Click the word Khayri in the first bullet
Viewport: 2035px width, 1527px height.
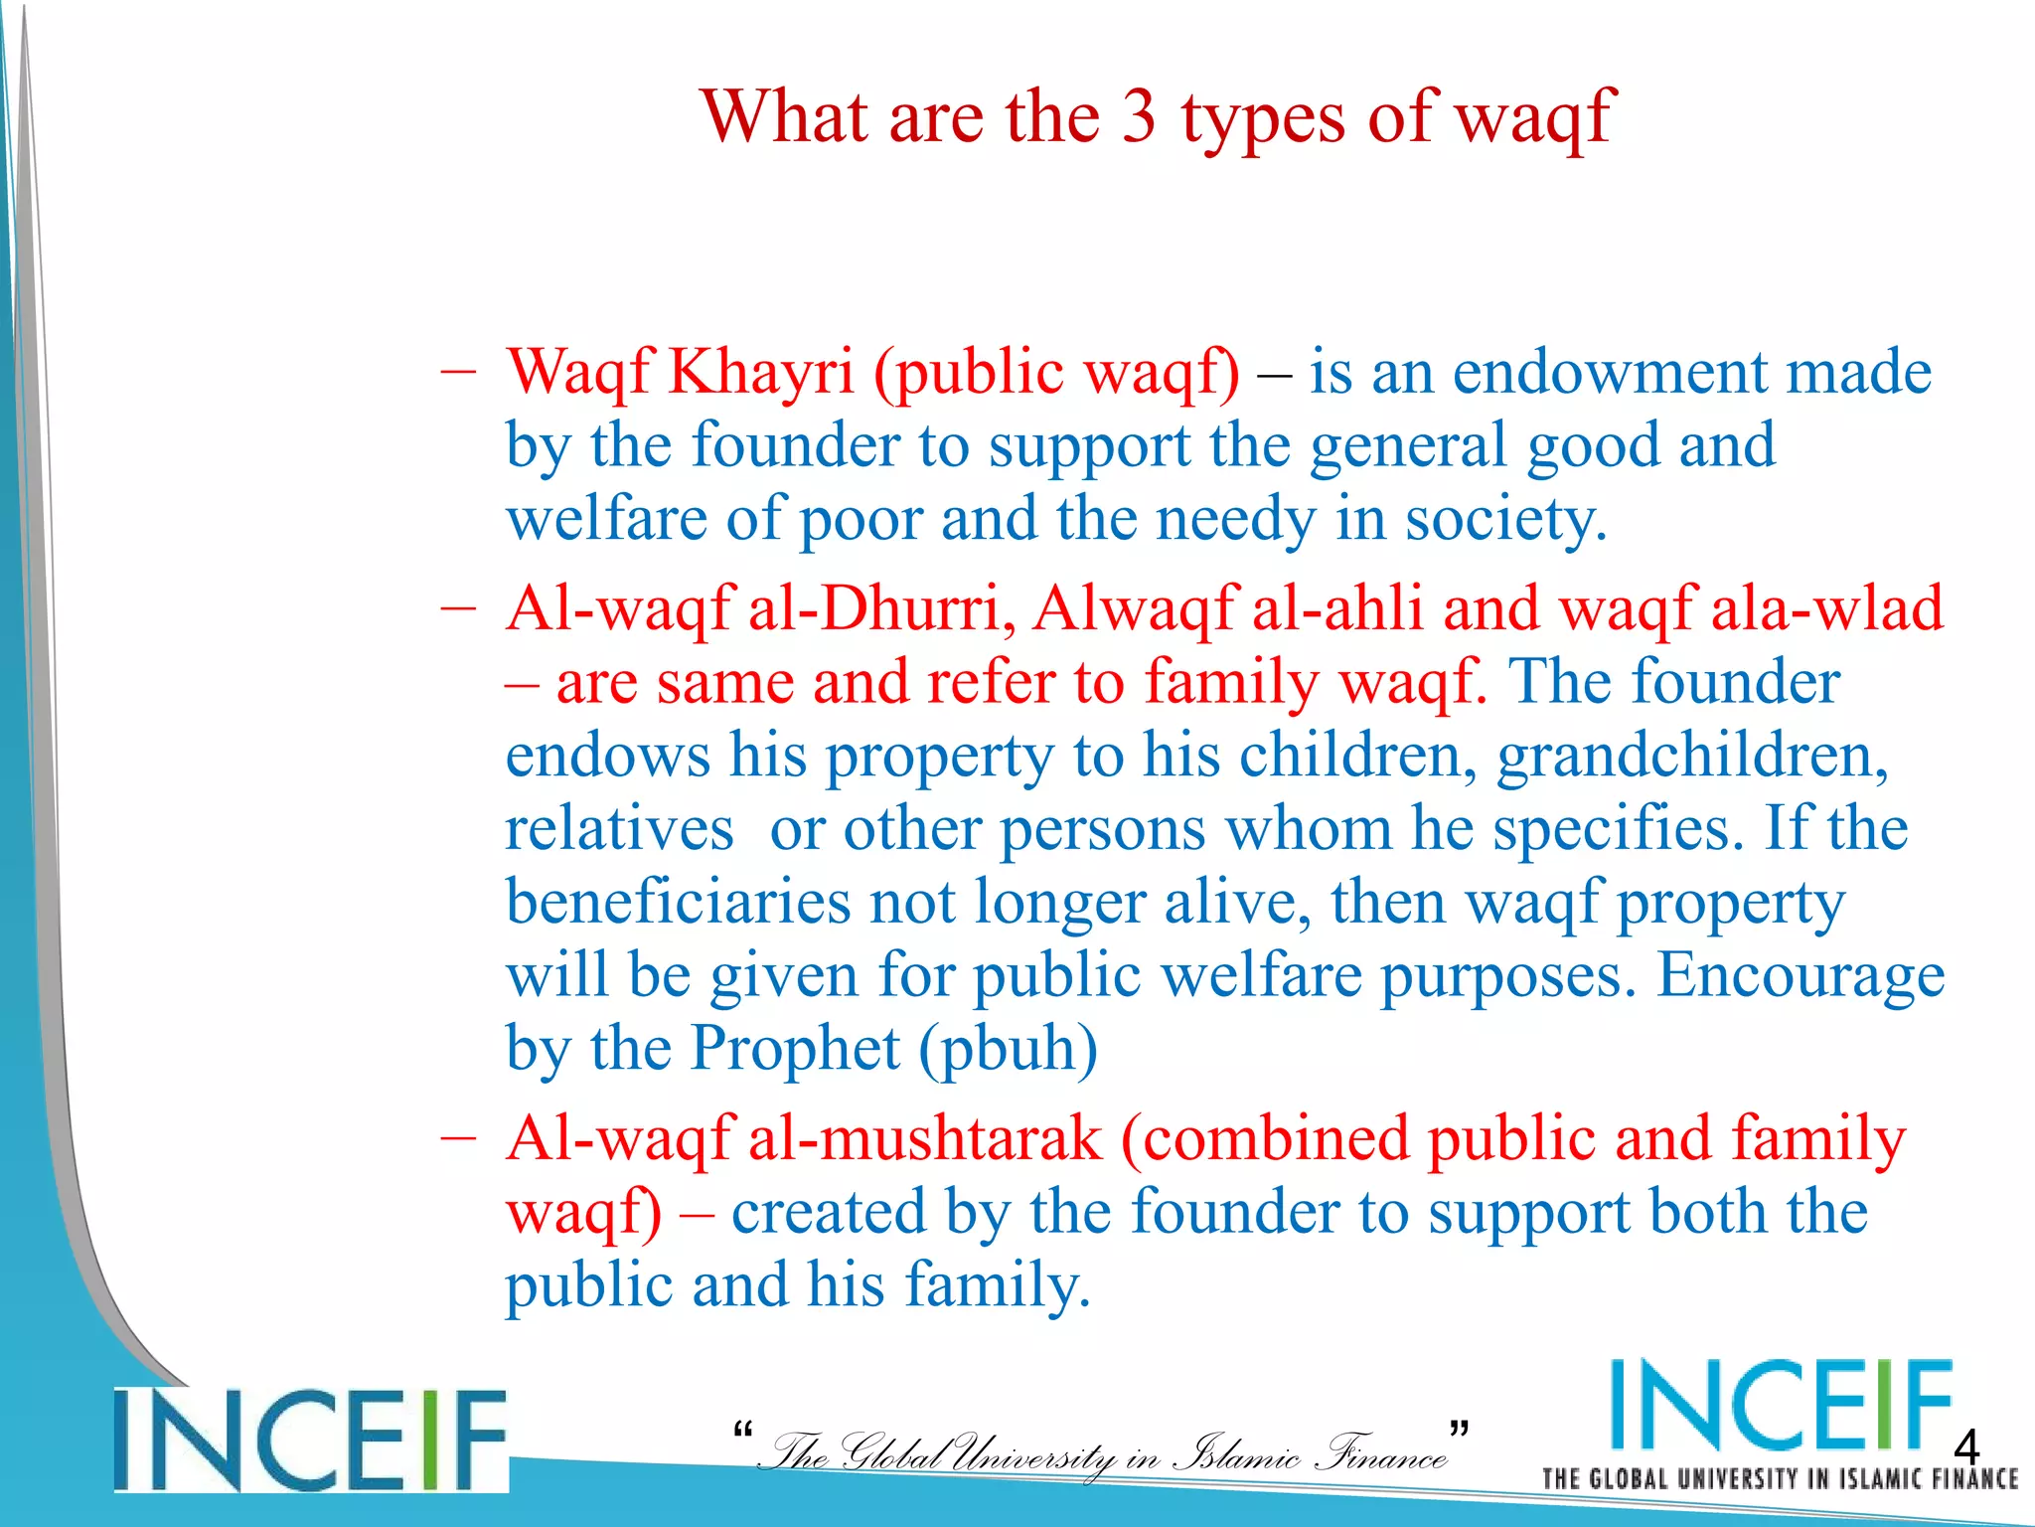coord(761,373)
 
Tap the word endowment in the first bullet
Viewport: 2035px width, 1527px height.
coord(1611,373)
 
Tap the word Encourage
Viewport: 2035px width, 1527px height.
coord(1800,976)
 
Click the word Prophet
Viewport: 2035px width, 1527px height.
coord(795,1049)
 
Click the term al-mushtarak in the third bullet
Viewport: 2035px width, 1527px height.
coord(925,1138)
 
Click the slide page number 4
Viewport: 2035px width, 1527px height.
coord(1965,1444)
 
